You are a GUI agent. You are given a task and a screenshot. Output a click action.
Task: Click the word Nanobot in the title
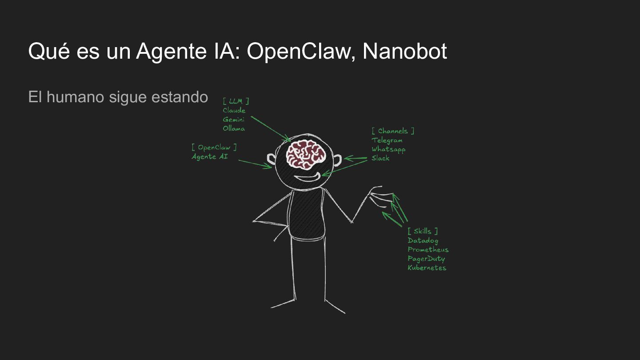(x=404, y=51)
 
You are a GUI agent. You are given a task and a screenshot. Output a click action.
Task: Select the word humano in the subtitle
(x=75, y=97)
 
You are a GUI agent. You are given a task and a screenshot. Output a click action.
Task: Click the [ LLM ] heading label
(x=236, y=101)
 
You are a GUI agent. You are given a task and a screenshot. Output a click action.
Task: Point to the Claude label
(x=234, y=110)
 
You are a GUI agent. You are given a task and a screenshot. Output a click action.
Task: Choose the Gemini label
(x=234, y=120)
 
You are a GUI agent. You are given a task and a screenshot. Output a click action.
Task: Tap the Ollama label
(x=234, y=128)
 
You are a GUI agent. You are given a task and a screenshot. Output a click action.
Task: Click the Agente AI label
(x=210, y=156)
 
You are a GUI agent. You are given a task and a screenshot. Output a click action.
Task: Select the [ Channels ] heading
(x=393, y=131)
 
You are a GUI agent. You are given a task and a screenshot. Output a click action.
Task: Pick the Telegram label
(x=387, y=140)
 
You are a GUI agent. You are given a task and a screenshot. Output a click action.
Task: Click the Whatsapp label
(x=388, y=149)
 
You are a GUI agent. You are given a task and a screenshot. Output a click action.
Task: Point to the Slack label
(x=380, y=158)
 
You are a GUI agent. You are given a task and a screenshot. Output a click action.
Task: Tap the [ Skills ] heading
(x=423, y=231)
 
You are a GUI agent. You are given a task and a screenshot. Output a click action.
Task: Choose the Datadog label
(x=423, y=241)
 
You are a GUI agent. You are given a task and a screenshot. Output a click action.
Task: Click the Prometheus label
(x=428, y=250)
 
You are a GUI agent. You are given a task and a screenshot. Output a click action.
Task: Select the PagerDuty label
(x=426, y=259)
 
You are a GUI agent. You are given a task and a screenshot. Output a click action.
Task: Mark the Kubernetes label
(x=427, y=268)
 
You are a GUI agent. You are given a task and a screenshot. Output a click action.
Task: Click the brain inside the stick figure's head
(x=306, y=154)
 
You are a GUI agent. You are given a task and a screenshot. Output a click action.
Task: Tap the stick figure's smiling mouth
(x=307, y=179)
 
